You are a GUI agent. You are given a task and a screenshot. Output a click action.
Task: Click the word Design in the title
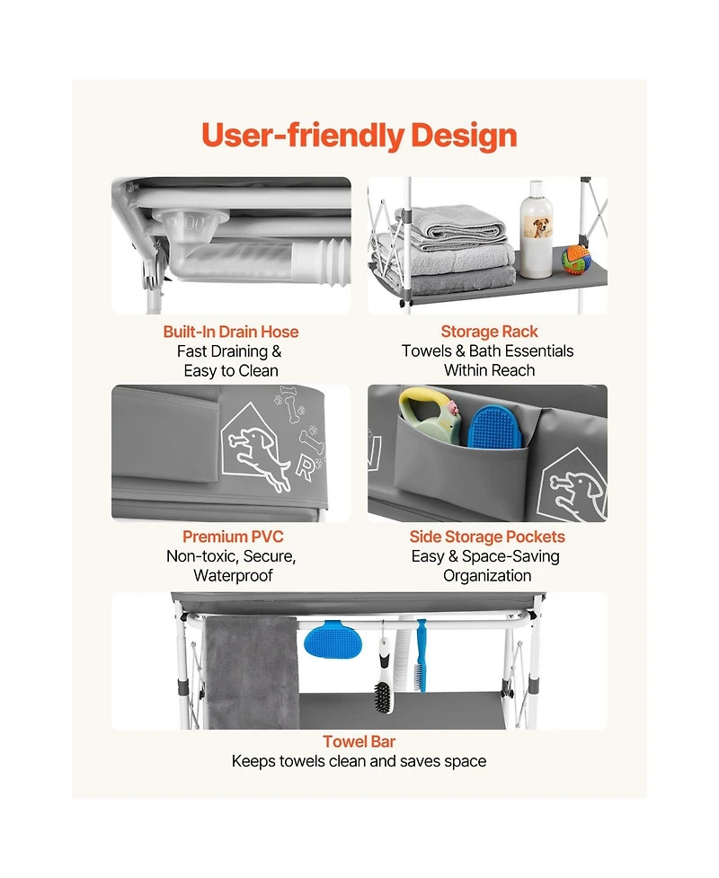[464, 136]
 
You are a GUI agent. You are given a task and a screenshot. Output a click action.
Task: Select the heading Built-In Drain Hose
[231, 332]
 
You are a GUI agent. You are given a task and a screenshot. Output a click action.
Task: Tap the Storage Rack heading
[489, 332]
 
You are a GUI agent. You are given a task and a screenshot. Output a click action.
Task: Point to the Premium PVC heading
[233, 537]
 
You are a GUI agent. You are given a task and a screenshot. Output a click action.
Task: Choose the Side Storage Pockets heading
[487, 537]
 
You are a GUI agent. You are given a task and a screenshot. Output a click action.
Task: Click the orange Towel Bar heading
[359, 741]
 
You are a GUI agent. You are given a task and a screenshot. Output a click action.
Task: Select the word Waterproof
[233, 576]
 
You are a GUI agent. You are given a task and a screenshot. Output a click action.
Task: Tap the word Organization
[487, 576]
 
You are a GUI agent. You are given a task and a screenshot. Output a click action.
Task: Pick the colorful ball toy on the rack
[576, 259]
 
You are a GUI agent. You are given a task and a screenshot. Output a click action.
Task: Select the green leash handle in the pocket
[431, 417]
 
